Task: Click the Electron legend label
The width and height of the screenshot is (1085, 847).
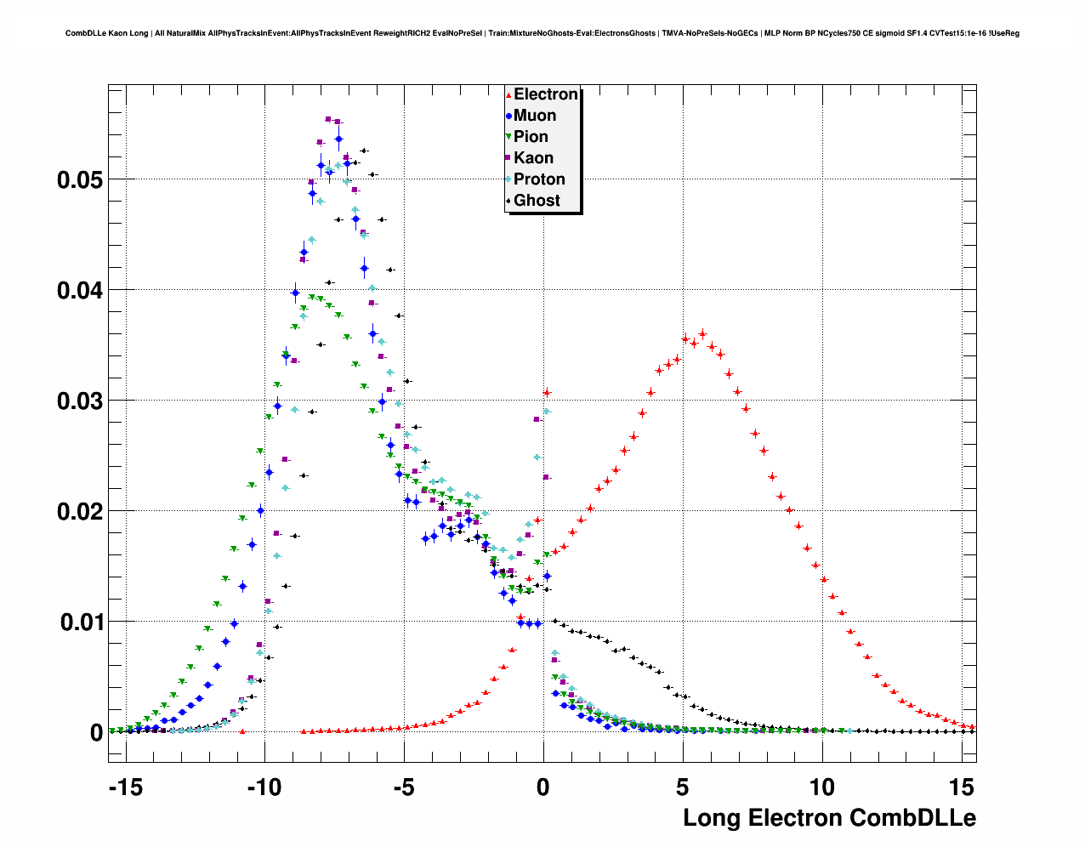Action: click(546, 94)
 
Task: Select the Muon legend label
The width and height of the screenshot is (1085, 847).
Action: click(535, 116)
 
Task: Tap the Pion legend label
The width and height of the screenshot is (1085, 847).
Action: click(531, 137)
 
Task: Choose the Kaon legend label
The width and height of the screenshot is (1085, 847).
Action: click(533, 158)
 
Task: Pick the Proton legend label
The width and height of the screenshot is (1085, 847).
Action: click(539, 179)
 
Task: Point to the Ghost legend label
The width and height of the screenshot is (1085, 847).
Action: click(537, 201)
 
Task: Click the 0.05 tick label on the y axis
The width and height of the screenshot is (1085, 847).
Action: click(80, 180)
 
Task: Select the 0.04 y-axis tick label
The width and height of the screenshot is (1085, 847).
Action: click(80, 291)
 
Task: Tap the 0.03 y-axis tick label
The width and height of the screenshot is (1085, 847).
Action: click(80, 401)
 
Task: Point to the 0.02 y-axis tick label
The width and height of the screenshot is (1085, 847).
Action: click(80, 512)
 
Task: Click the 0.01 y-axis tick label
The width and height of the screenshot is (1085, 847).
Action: click(80, 622)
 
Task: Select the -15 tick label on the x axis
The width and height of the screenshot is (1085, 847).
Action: click(125, 787)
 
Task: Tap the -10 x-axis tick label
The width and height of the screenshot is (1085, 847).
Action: click(264, 787)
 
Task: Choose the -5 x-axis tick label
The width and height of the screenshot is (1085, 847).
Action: click(404, 787)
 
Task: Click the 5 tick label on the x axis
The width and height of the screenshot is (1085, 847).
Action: click(683, 787)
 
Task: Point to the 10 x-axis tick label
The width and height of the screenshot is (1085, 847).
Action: click(822, 787)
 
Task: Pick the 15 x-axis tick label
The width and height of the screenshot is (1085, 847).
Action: click(962, 787)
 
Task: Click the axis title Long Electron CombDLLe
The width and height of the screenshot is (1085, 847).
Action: click(829, 818)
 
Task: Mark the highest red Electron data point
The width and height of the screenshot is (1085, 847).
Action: click(702, 334)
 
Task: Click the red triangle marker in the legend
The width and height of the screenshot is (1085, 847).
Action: click(508, 95)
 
